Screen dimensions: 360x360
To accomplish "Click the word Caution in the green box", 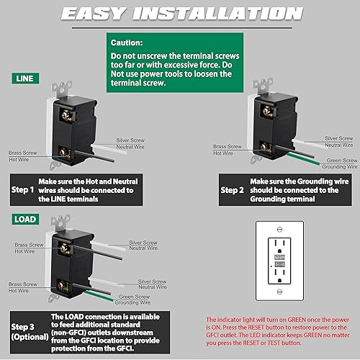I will point(127,42).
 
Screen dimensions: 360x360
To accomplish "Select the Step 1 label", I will point(22,190).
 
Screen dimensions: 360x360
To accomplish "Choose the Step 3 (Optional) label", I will point(24,331).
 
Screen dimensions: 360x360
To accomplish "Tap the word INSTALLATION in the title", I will point(231,14).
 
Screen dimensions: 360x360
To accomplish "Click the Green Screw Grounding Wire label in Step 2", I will point(341,163).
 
